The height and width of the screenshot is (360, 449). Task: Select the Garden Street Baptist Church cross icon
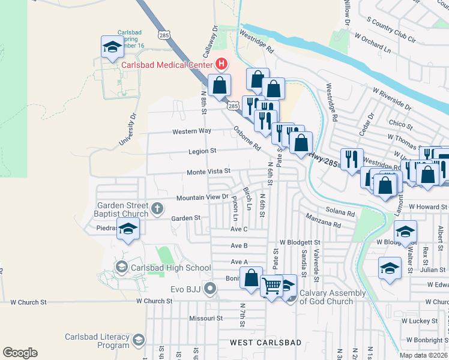tap(157, 209)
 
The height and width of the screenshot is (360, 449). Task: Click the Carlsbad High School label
tap(172, 268)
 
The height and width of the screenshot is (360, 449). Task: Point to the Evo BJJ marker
tap(209, 289)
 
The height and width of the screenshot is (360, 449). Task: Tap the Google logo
tap(20, 353)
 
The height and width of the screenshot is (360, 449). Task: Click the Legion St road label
tap(202, 151)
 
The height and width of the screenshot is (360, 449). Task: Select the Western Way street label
tap(191, 131)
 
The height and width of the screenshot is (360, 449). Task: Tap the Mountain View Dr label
tap(202, 197)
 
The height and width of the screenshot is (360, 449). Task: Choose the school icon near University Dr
tap(112, 48)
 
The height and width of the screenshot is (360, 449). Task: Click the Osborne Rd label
tap(247, 139)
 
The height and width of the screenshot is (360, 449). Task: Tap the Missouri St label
tap(206, 318)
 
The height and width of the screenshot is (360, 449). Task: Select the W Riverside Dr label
tap(391, 100)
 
